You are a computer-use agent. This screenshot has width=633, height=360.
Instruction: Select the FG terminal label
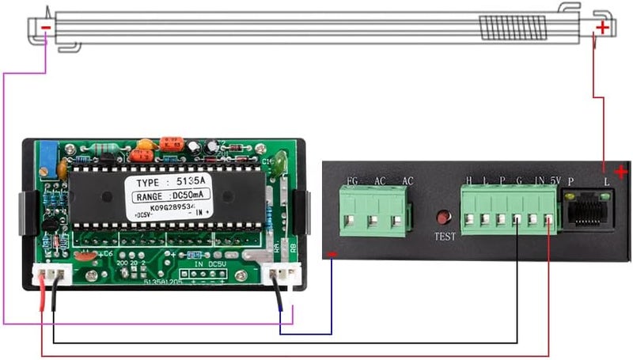click(x=352, y=181)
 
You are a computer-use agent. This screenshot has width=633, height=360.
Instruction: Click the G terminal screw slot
click(x=517, y=222)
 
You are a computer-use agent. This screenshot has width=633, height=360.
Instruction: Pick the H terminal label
click(x=469, y=181)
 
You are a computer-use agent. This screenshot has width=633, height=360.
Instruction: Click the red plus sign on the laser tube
click(x=603, y=28)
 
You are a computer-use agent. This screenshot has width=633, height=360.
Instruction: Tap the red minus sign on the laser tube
click(x=46, y=28)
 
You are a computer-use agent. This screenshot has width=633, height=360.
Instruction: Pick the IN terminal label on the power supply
click(x=538, y=181)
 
